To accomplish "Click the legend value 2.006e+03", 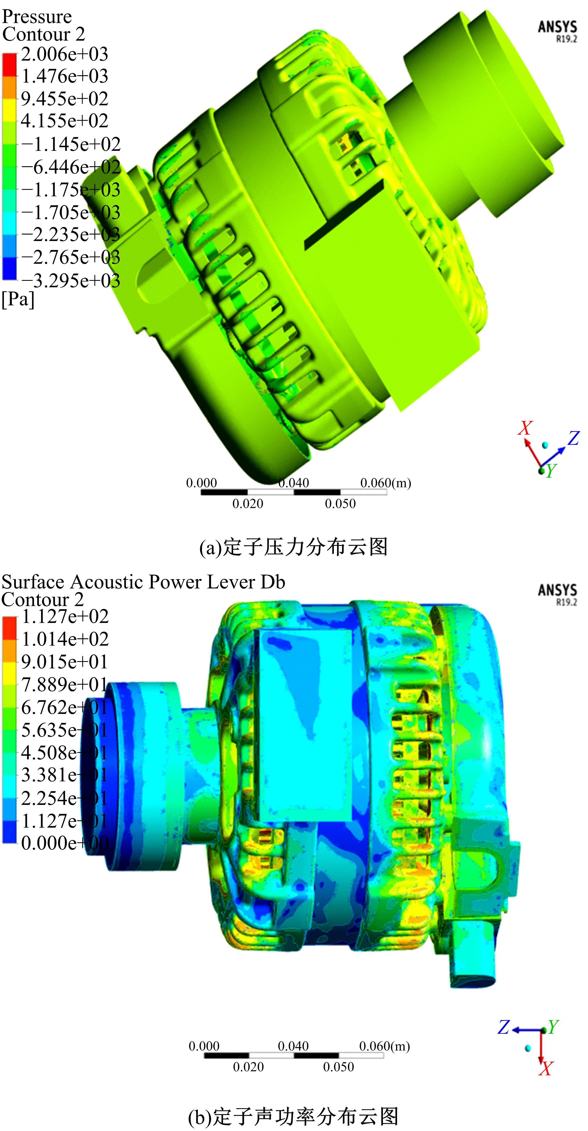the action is tap(65, 54).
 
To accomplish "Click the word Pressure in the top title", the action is tap(37, 17).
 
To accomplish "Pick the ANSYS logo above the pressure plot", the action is tap(557, 31).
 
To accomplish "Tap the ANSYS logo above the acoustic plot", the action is tap(557, 594).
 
